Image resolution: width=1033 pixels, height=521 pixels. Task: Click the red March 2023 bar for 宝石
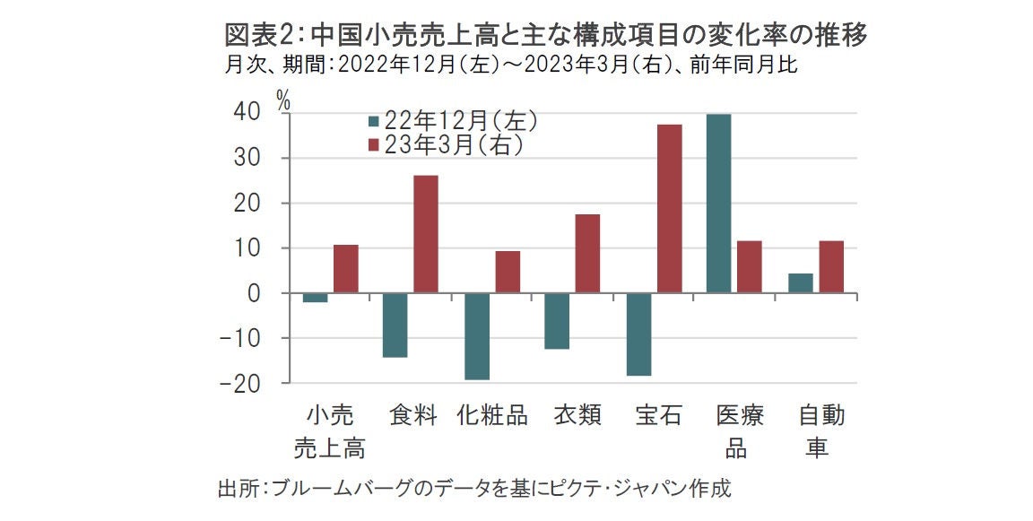[670, 208]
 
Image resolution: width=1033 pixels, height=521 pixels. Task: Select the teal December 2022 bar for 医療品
[718, 204]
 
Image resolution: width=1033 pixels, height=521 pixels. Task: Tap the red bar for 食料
[426, 234]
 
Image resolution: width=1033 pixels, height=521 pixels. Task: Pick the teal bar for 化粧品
[477, 336]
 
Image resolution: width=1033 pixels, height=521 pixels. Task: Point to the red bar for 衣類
[587, 254]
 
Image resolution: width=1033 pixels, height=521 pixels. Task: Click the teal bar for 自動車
[800, 283]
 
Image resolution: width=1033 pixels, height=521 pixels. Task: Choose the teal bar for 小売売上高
[315, 298]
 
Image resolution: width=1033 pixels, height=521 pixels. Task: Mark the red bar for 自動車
[831, 267]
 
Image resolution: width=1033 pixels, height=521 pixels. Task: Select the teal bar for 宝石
[639, 334]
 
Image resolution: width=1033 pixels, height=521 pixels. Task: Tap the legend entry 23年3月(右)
[445, 144]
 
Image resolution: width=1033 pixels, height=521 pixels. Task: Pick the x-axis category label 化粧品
[492, 416]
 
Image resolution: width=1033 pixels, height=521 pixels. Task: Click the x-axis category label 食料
[413, 416]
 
